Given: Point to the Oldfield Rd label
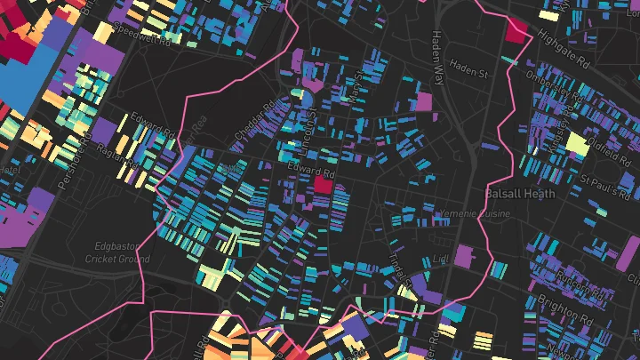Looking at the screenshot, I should tap(607, 136).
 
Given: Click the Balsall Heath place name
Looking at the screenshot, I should tap(519, 193).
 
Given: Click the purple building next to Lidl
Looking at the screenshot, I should tap(464, 257).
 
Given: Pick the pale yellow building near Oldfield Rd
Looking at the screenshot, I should tap(576, 142).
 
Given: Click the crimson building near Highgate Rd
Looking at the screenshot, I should tap(516, 28).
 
